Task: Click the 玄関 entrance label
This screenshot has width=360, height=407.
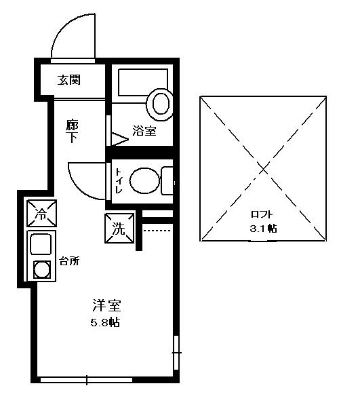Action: (x=68, y=80)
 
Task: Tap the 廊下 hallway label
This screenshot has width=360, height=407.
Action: (x=72, y=131)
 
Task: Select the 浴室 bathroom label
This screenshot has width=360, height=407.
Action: (x=144, y=131)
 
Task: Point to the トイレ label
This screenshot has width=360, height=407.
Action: (x=119, y=181)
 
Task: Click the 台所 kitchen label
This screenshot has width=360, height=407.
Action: (x=69, y=261)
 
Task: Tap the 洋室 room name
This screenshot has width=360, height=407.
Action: (x=106, y=305)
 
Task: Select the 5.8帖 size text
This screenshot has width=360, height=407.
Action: (x=105, y=322)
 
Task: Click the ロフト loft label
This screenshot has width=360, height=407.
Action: (x=262, y=214)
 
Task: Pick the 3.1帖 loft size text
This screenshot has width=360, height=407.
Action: (x=263, y=229)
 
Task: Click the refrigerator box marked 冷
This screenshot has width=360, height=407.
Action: (x=41, y=214)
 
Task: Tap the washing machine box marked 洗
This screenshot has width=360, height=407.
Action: (x=119, y=229)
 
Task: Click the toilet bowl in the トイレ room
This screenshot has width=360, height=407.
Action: (x=144, y=180)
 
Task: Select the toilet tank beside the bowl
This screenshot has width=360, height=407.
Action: (x=167, y=181)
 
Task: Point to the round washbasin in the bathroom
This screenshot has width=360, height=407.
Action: (x=160, y=104)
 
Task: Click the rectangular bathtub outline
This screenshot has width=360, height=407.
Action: (x=143, y=82)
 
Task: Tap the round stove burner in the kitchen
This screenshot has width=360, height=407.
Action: (x=41, y=269)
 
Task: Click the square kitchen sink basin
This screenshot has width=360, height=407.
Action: (x=41, y=244)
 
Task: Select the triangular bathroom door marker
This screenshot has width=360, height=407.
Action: (x=120, y=139)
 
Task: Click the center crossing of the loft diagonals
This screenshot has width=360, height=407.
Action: (x=263, y=169)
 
